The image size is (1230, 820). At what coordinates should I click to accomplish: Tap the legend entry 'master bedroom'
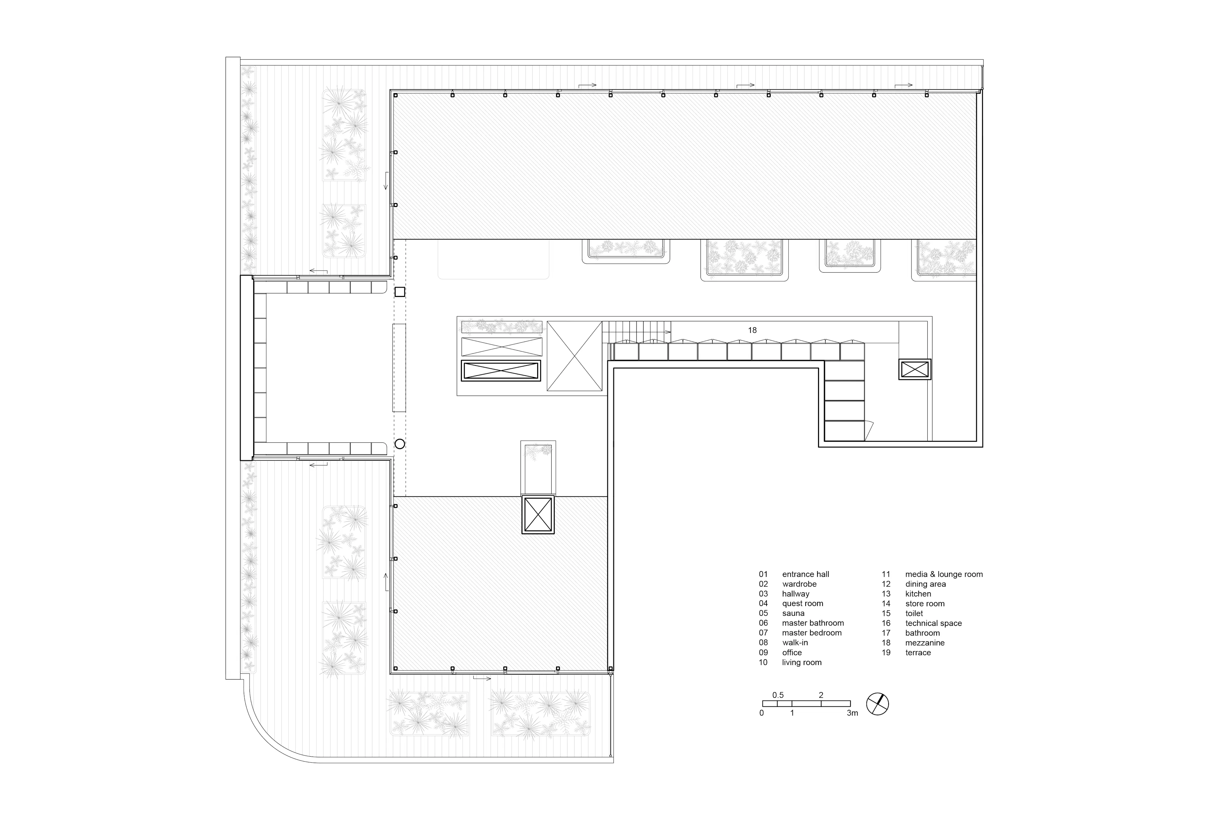(x=812, y=633)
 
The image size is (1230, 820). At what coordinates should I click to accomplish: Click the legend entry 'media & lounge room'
(x=944, y=574)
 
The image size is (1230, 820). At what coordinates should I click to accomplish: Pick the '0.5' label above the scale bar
(x=778, y=695)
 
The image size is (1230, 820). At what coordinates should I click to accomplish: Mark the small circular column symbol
(x=399, y=444)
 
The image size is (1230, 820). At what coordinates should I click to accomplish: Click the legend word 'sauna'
(x=793, y=613)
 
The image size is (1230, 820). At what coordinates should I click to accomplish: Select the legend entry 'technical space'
(x=933, y=623)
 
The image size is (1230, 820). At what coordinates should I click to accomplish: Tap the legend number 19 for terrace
(x=886, y=653)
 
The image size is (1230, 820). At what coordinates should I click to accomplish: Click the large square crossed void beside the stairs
(x=574, y=356)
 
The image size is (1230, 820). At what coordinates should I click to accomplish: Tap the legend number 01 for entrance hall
(x=764, y=574)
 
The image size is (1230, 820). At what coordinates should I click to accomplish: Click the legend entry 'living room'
(x=802, y=663)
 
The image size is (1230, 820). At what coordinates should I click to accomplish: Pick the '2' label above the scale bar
(x=821, y=695)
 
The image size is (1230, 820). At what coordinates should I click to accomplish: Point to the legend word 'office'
(x=792, y=653)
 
